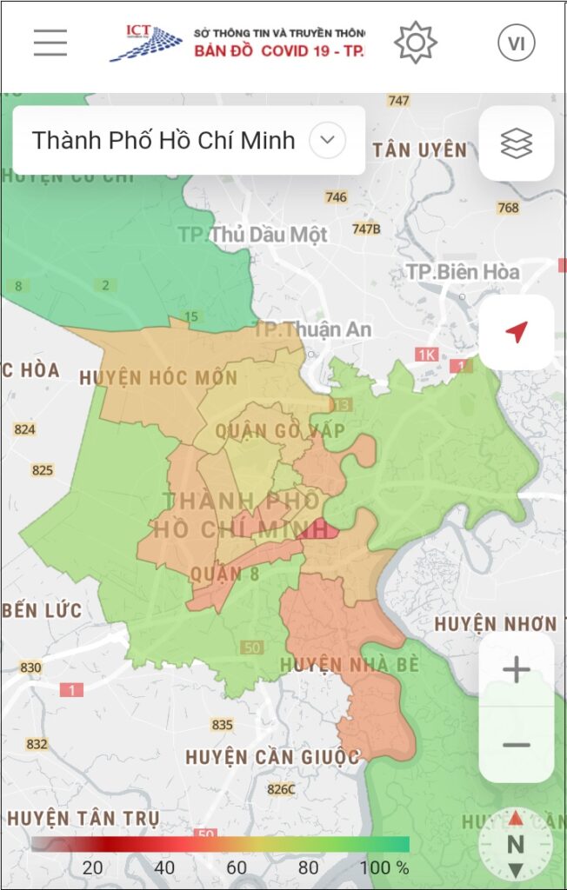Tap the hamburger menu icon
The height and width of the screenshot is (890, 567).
pyautogui.click(x=50, y=43)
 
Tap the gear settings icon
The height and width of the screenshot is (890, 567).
pyautogui.click(x=416, y=43)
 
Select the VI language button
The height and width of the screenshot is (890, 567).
pyautogui.click(x=516, y=43)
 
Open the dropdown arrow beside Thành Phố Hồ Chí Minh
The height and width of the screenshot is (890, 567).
pyautogui.click(x=328, y=140)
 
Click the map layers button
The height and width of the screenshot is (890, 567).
pyautogui.click(x=516, y=143)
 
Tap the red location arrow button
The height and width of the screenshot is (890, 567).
pyautogui.click(x=517, y=332)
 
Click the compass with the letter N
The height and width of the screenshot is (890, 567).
pyautogui.click(x=516, y=844)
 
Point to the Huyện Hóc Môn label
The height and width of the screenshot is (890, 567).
pyautogui.click(x=157, y=378)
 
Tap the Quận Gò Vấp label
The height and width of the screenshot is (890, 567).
pyautogui.click(x=280, y=431)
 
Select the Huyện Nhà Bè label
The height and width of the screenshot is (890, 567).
pyautogui.click(x=349, y=665)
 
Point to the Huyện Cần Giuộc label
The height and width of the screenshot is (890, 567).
pyautogui.click(x=272, y=757)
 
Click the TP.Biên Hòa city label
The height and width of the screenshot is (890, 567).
pyautogui.click(x=463, y=272)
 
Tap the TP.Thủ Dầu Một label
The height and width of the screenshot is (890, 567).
pyautogui.click(x=253, y=235)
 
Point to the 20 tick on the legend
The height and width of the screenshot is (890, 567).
pyautogui.click(x=92, y=867)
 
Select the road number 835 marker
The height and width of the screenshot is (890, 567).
pyautogui.click(x=222, y=725)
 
